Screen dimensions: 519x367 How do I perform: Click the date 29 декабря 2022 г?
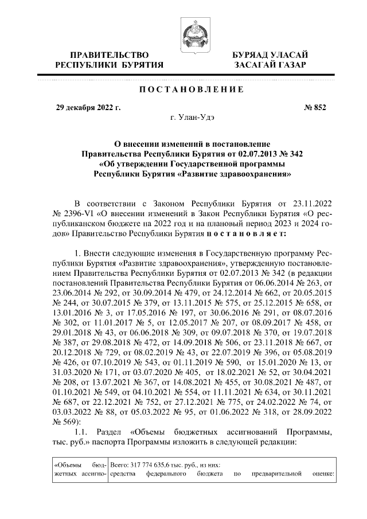click(x=88, y=107)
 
